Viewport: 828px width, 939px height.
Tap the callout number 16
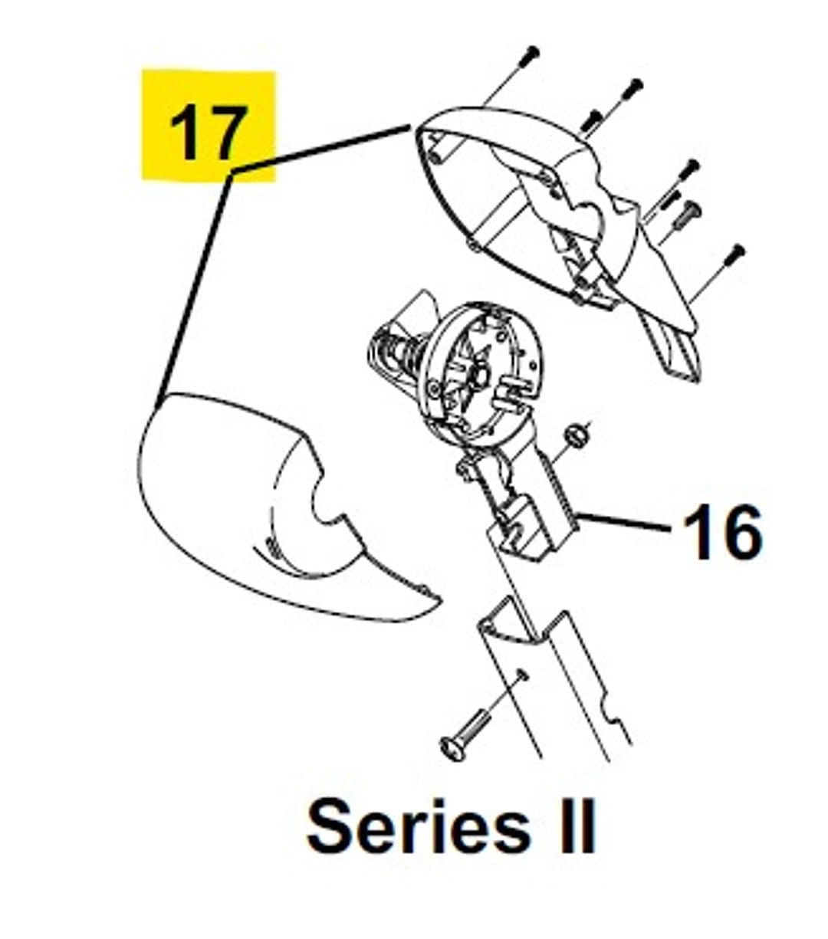(722, 532)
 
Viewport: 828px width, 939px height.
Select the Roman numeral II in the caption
(577, 827)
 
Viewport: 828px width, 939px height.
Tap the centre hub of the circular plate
(478, 373)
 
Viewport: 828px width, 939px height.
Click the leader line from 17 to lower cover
(194, 288)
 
